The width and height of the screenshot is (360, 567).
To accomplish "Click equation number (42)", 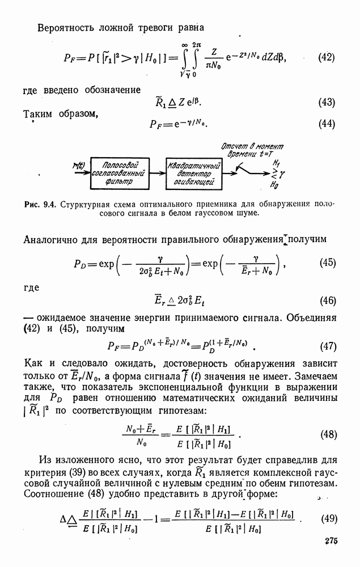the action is click(x=326, y=57).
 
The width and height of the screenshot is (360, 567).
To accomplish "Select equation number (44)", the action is click(x=327, y=124).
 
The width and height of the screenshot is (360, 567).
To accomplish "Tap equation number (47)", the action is click(x=328, y=346).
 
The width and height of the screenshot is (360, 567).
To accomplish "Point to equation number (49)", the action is click(x=329, y=519).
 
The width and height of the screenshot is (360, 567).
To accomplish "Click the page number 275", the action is click(x=331, y=541).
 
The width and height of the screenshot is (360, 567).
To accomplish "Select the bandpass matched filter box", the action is click(x=119, y=173).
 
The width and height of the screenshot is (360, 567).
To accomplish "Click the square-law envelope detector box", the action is click(x=194, y=173).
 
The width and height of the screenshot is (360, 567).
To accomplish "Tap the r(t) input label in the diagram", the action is click(x=79, y=165).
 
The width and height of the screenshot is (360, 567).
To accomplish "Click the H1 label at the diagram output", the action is click(x=277, y=163).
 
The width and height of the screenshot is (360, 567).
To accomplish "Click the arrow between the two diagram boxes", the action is click(x=157, y=173).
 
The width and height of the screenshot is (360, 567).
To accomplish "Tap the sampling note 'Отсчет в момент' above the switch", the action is click(x=252, y=146).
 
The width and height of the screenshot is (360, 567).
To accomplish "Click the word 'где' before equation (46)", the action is click(x=31, y=288).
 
